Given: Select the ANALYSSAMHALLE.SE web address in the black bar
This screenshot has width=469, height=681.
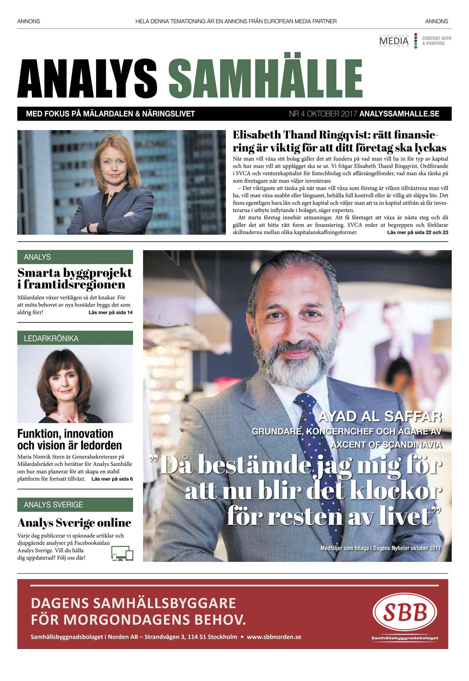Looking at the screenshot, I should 399,114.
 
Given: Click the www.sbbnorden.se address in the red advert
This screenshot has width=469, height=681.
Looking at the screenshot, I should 274,637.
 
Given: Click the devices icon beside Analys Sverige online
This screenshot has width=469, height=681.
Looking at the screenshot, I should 122,554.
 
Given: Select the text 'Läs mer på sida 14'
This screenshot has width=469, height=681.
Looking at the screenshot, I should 110,313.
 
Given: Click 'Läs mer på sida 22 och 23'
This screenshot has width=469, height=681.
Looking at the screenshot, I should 417,232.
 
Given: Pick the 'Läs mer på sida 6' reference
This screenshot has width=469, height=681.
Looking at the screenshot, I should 112,479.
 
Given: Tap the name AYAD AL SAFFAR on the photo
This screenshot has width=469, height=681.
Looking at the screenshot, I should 380,416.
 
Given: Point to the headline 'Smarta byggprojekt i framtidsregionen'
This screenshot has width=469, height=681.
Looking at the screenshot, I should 75,278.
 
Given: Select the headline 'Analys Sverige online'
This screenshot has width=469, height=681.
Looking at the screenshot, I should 74,523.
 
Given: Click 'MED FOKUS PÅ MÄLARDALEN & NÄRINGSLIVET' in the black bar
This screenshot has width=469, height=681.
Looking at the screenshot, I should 110,114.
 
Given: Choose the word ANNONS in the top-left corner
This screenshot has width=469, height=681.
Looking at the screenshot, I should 29,21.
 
